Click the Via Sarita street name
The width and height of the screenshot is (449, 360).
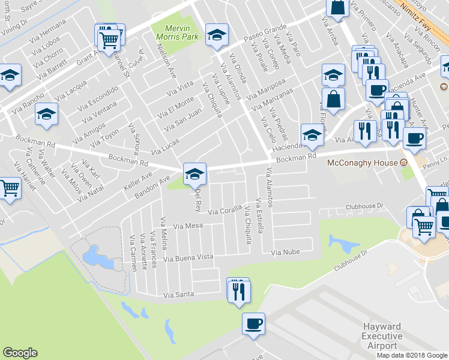tap(179, 295)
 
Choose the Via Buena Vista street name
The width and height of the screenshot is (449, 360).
tap(188, 257)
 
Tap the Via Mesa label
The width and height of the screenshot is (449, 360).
tap(188, 226)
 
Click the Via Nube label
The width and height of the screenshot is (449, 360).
tap(285, 253)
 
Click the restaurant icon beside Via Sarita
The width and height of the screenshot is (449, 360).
tap(239, 290)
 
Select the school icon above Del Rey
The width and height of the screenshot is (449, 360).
tap(194, 174)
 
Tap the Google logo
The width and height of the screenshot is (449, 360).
tap(20, 353)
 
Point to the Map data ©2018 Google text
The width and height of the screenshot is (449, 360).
tap(412, 355)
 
